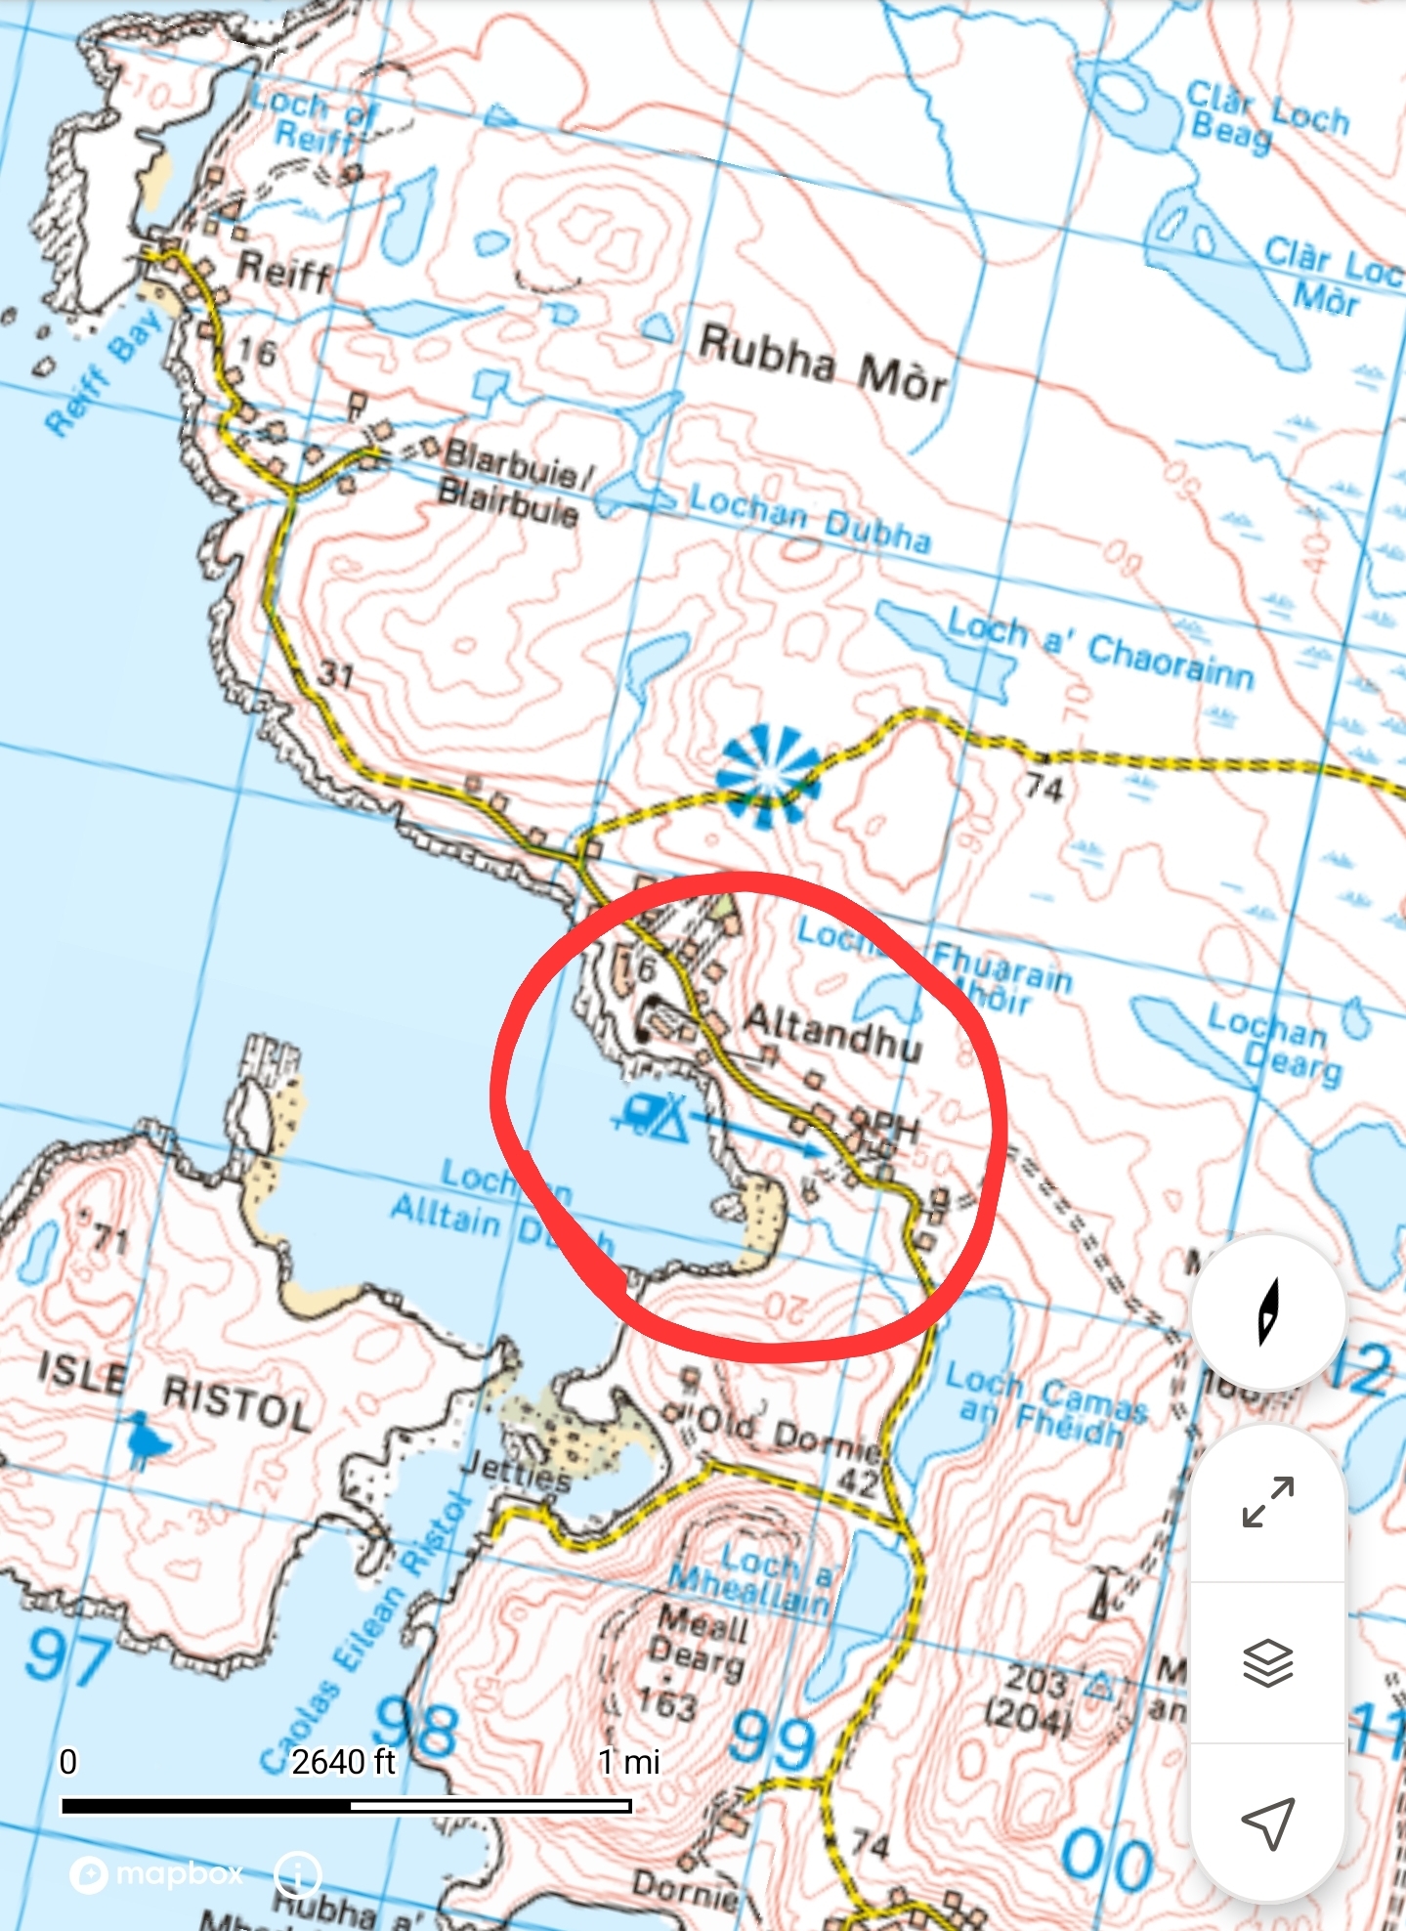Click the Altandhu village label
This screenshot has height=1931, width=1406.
(831, 1032)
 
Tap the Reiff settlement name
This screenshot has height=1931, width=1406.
(284, 270)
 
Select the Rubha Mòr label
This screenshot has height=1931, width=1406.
(823, 363)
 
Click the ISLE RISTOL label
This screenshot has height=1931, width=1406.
(176, 1388)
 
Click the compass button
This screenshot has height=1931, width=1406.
(1267, 1312)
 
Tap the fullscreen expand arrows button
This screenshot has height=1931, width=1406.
(1267, 1502)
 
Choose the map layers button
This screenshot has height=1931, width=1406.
(1267, 1662)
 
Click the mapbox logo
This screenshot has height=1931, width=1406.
(157, 1873)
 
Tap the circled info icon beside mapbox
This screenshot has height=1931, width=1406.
(298, 1874)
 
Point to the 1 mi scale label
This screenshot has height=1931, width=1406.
(628, 1762)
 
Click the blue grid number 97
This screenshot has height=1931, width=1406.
(68, 1658)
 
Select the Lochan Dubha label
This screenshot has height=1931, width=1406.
(809, 518)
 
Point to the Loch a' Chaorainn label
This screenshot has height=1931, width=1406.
(1099, 649)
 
